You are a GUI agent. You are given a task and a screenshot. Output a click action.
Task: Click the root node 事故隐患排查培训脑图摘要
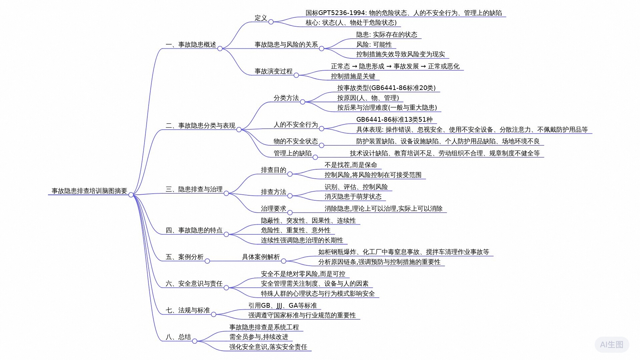[89, 191]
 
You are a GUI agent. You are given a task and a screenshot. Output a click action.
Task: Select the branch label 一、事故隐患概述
[191, 45]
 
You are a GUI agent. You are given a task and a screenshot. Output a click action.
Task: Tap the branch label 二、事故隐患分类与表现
[200, 126]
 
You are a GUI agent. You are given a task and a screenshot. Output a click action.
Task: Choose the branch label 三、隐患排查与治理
[194, 189]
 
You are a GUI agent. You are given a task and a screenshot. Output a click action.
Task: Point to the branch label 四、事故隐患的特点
[194, 230]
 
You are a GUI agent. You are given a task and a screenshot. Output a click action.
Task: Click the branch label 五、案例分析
[184, 257]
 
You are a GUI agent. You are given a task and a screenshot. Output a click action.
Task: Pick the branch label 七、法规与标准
[188, 310]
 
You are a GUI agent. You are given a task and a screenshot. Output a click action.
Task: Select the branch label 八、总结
[178, 337]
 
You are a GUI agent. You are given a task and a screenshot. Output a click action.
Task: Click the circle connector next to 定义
[271, 22]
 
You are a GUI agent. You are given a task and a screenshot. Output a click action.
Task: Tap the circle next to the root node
[131, 195]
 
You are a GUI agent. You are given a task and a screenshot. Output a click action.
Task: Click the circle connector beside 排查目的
[290, 174]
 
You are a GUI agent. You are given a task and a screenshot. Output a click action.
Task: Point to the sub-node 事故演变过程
[273, 71]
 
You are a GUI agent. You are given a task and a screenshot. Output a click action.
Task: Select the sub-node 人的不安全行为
[296, 125]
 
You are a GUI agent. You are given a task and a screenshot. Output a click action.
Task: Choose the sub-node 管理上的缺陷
[292, 153]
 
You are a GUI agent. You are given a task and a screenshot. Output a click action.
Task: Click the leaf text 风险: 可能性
[374, 45]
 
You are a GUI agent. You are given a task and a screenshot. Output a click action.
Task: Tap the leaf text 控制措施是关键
[353, 76]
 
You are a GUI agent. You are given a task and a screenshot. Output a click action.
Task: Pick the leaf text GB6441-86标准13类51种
[394, 119]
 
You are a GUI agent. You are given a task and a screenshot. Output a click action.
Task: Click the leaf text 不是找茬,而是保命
[351, 165]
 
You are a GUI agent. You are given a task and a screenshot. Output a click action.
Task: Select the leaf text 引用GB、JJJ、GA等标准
[282, 306]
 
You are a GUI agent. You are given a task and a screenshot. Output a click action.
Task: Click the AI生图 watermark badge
[612, 345]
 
